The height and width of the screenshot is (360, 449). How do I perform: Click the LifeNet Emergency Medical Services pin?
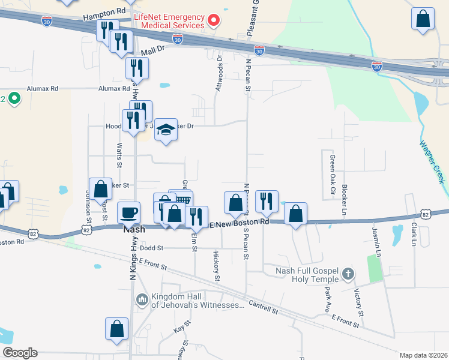(213, 22)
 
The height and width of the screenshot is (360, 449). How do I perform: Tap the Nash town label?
(133, 230)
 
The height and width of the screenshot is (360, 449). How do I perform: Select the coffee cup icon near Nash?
(128, 212)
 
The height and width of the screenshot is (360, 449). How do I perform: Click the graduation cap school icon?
(166, 129)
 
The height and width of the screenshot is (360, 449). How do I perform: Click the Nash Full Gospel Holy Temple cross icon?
(347, 275)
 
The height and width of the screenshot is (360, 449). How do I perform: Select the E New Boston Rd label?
(240, 223)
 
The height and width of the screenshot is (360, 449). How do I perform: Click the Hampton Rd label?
(104, 12)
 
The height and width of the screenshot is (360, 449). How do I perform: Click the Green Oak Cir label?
(331, 170)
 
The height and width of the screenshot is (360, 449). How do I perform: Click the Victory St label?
(359, 303)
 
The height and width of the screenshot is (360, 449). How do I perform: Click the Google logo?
(20, 353)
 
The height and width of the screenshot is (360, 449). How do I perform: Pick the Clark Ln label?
(414, 236)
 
